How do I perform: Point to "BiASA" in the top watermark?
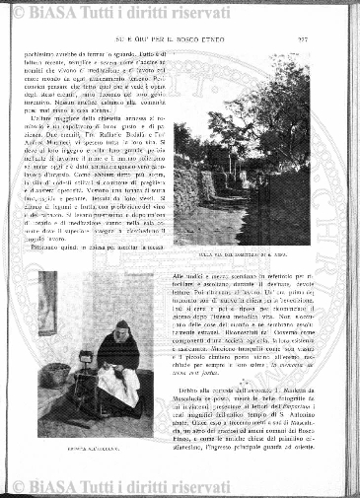(54, 12)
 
